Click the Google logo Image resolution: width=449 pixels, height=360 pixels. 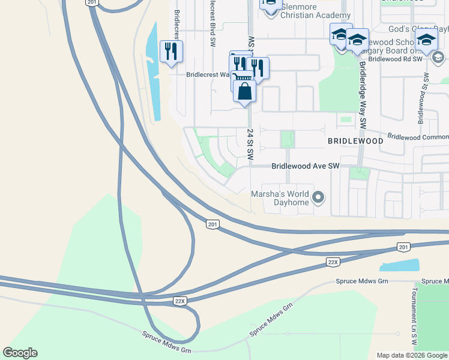coord(20,353)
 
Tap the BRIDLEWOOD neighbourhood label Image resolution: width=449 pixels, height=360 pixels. coord(355,140)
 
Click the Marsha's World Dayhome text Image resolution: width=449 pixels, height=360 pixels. coord(280,198)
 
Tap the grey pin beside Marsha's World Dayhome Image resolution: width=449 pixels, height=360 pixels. coord(319,197)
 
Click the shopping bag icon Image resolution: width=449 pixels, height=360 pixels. coord(244,92)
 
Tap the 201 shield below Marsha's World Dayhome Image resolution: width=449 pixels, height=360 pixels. coord(212,224)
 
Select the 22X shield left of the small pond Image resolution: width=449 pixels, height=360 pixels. coord(334,262)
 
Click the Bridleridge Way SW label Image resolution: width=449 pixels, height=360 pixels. coord(363,95)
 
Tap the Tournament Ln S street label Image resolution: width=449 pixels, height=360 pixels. coord(414,312)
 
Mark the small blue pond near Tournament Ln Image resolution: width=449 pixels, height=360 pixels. coord(399,265)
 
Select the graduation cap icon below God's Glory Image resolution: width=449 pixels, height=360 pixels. coord(427,40)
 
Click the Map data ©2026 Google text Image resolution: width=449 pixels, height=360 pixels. coord(412,355)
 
